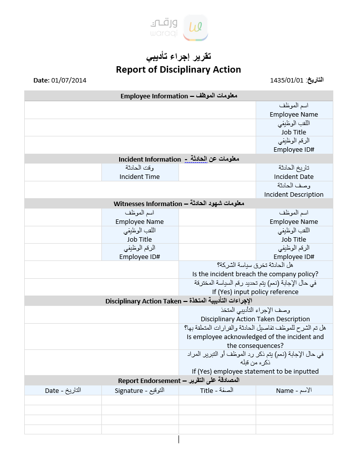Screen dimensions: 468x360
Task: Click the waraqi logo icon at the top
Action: [195, 28]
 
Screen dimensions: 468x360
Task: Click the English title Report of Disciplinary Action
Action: [179, 70]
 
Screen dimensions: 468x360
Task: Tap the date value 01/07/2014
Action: [69, 80]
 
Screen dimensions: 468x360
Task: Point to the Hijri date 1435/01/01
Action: [287, 80]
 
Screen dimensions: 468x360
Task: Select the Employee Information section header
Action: [179, 96]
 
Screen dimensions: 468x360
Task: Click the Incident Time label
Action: [139, 176]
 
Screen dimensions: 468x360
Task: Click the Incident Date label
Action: [294, 176]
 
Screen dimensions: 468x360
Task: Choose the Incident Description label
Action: [294, 194]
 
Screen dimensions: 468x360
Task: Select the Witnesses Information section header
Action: [179, 204]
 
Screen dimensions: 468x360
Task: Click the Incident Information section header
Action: [179, 159]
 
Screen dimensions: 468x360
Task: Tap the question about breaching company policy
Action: [255, 274]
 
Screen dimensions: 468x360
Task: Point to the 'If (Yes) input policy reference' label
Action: [255, 292]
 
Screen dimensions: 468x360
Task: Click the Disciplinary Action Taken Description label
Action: [255, 319]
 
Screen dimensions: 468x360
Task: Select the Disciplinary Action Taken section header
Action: [179, 301]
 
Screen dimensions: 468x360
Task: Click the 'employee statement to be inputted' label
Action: [255, 371]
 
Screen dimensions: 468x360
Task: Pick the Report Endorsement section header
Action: [179, 381]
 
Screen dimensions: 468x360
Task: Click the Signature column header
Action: [139, 390]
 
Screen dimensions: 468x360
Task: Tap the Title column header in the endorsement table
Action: [217, 390]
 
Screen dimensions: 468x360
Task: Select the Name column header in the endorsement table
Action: [294, 390]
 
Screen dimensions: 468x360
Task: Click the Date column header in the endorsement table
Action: [63, 390]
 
